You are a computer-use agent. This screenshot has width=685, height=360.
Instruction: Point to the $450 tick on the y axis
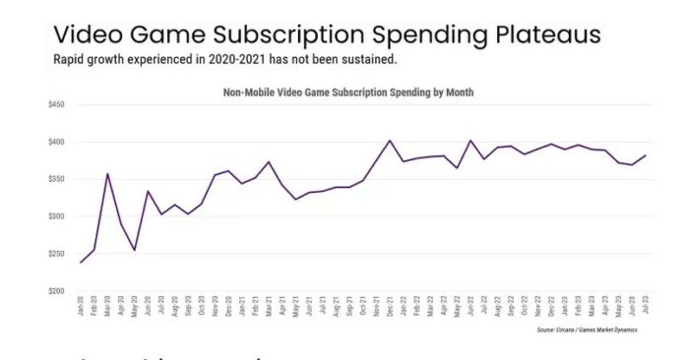54,104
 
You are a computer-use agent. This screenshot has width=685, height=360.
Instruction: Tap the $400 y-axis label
54,142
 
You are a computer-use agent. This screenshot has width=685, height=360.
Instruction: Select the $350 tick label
54,179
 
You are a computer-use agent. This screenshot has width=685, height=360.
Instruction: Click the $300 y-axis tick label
54,216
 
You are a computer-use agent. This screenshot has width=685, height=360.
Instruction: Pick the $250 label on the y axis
54,254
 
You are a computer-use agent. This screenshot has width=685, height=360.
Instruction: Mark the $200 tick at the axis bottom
54,291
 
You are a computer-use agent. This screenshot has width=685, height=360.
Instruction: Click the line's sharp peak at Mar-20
107,174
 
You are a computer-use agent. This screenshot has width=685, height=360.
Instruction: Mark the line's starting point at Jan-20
81,263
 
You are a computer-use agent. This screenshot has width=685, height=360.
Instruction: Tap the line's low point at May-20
135,250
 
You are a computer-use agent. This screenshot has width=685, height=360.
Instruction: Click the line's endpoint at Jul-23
646,155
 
